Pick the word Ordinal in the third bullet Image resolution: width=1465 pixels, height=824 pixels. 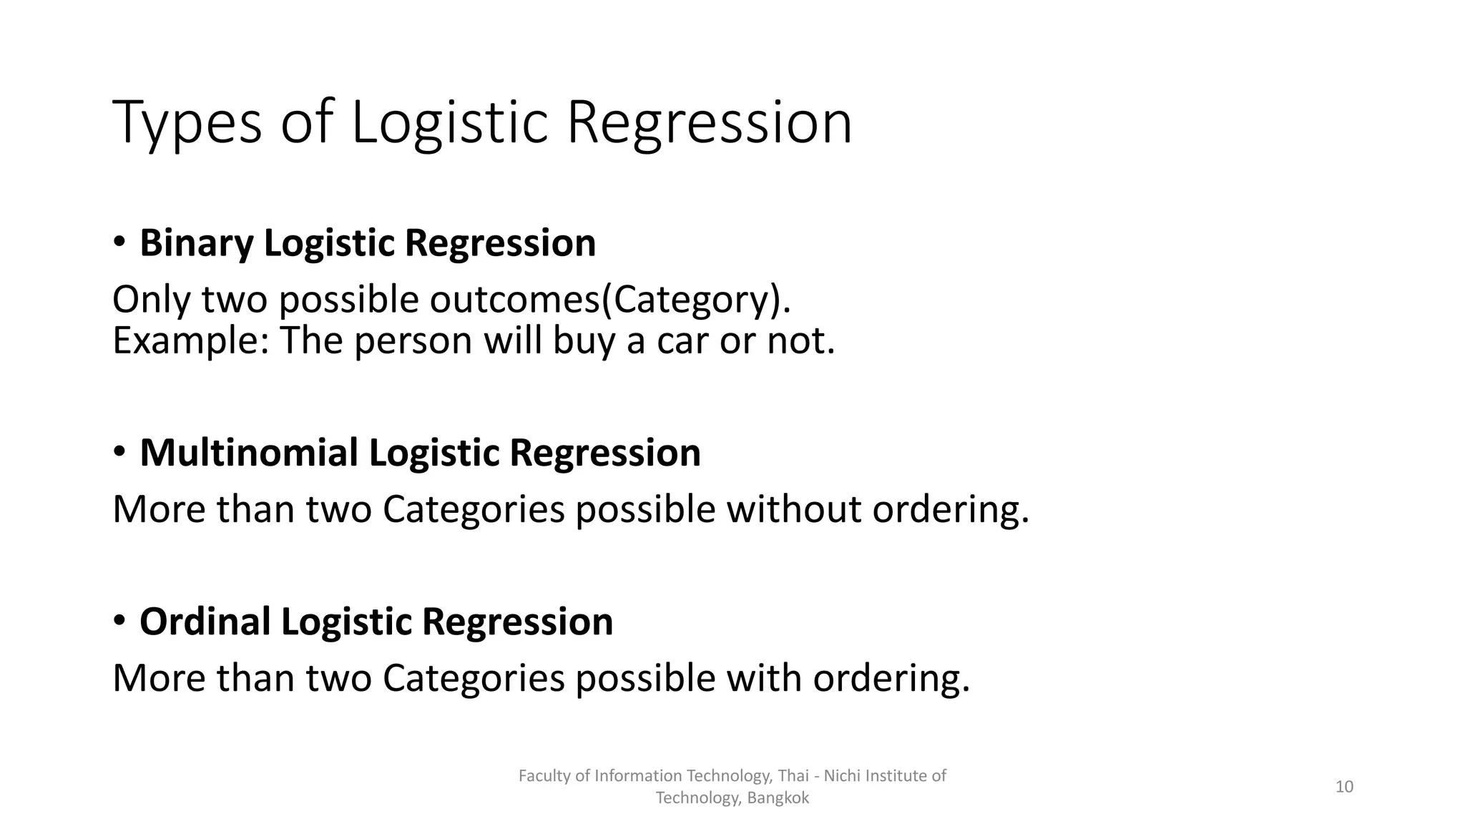tap(205, 622)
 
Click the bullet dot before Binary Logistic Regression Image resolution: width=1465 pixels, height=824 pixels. tap(119, 242)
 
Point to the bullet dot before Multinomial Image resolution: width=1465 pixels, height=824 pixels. tap(119, 451)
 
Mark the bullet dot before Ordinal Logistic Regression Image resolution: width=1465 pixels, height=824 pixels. tap(119, 620)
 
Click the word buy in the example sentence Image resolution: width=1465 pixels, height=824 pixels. tap(584, 340)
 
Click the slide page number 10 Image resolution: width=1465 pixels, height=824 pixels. tap(1344, 787)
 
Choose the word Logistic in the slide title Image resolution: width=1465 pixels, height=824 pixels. tap(449, 123)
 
